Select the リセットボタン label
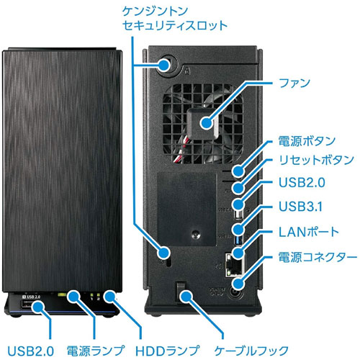315,161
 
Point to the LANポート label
307,232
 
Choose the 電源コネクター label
316,257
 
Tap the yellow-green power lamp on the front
74,294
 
